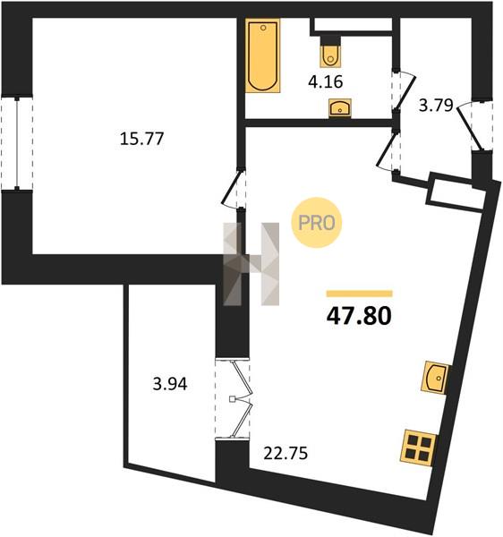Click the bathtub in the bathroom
pos(262,55)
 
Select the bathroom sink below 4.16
pos(340,108)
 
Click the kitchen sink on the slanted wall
pos(435,378)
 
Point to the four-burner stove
pos(419,447)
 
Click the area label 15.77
pos(141,139)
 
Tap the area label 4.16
pos(325,81)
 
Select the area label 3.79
pos(436,105)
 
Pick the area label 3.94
pos(170,384)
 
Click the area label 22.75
pos(286,454)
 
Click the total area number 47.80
pos(359,316)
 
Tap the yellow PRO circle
pos(316,223)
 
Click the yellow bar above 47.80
pos(360,294)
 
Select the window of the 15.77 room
pos(17,142)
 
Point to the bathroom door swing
pos(404,90)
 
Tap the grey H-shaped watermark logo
pos(251,264)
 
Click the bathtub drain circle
pos(263,28)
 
